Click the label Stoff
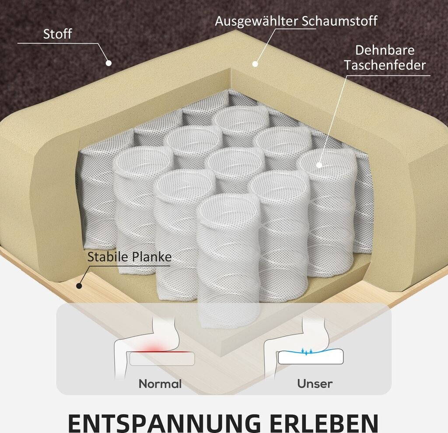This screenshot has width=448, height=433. pos(57,34)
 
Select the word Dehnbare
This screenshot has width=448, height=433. pos(385,50)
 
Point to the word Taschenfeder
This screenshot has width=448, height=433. pos(385,65)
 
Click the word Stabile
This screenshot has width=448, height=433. pos(108,256)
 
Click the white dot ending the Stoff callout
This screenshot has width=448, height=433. pos(109,63)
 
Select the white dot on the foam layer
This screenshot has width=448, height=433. pos(255,64)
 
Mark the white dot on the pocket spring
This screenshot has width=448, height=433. pos(319,165)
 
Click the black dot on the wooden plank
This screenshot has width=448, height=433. pos(79,286)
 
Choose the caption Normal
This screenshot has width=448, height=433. pos(160,384)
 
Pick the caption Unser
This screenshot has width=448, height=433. pos(315,384)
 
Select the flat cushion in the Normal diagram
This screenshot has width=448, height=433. pos(162,359)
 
